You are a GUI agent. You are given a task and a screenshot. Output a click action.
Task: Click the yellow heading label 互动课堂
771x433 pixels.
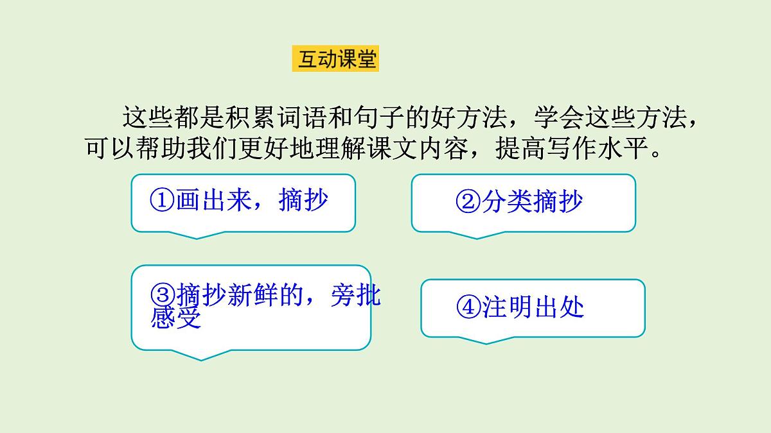coord(335,60)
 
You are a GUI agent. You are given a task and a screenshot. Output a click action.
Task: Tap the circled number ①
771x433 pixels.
coord(161,201)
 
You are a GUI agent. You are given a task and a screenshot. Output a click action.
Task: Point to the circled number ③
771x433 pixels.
coord(163,295)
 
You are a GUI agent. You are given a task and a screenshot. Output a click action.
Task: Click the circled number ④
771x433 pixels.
coord(468,308)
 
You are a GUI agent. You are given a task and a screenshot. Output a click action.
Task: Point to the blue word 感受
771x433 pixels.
coord(176,318)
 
